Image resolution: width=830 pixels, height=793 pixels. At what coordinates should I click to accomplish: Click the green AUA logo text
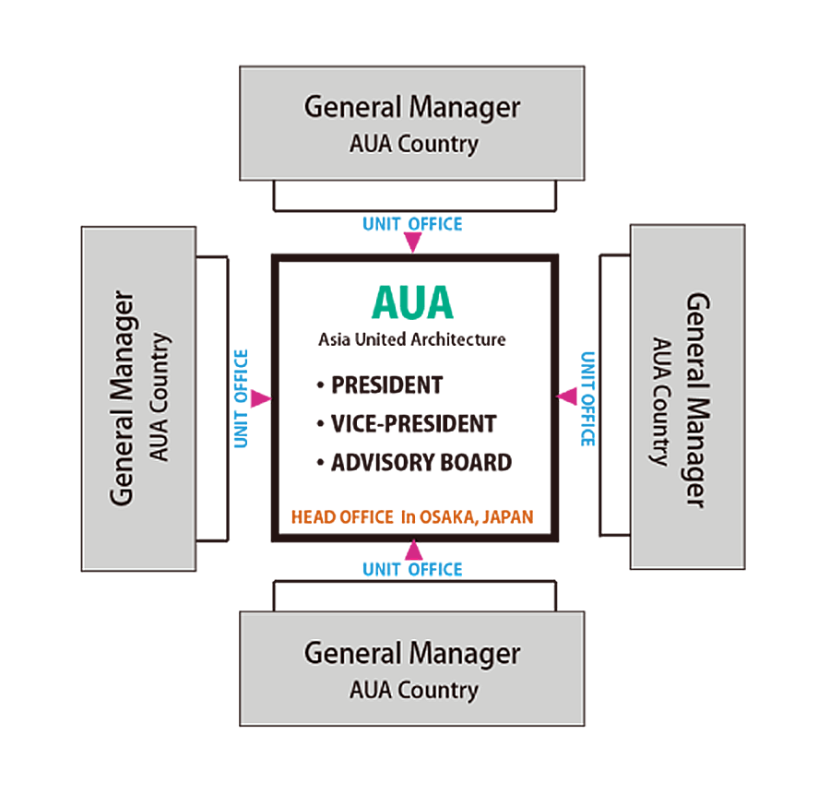point(412,303)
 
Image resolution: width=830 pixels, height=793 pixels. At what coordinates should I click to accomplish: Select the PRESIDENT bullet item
point(385,385)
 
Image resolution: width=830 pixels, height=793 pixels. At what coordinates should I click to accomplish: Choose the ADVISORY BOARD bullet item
point(420,462)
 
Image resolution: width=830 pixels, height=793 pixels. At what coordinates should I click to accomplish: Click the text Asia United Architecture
point(412,339)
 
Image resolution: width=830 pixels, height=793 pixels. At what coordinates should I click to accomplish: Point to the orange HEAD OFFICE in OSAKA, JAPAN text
point(412,516)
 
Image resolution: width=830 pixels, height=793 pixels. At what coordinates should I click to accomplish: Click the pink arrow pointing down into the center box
point(412,243)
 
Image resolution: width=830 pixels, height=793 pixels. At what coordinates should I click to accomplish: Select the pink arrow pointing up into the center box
point(413,550)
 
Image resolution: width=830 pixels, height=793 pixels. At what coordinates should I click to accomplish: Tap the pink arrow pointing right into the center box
point(261,398)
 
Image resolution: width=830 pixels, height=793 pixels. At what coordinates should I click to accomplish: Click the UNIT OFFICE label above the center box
point(412,223)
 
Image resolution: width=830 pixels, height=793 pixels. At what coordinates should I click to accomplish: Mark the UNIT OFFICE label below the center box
point(412,569)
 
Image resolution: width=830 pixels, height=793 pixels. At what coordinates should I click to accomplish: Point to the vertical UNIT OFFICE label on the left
point(241,398)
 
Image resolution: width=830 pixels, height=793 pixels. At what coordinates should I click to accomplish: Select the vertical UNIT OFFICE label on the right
point(587,398)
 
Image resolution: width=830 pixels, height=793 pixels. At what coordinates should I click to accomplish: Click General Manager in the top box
point(412,107)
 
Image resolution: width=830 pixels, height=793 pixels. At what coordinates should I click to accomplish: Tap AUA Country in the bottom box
point(413,690)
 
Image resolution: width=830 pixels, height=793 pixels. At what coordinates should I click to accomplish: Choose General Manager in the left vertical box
point(123,398)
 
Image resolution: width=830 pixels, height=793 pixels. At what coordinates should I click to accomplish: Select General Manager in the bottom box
point(412,654)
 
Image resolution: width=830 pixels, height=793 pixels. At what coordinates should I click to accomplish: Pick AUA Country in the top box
point(413,144)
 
